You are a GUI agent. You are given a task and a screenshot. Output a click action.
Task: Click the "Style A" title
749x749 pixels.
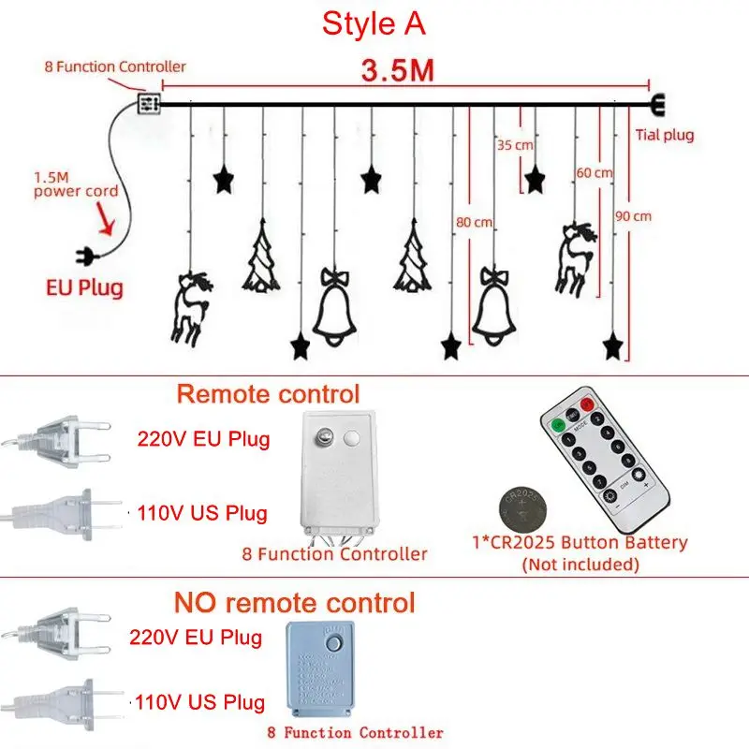[374, 24]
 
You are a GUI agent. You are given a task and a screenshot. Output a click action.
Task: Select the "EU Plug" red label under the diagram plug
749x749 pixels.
[84, 286]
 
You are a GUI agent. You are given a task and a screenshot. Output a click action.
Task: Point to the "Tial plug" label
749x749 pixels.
[665, 135]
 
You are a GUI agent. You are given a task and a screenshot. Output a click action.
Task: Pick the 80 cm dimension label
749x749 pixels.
[474, 222]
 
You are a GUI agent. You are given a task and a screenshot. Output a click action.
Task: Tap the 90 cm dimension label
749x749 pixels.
[633, 215]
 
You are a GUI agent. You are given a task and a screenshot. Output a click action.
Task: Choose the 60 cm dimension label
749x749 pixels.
[595, 172]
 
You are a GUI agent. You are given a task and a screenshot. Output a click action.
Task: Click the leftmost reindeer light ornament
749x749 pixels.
[192, 304]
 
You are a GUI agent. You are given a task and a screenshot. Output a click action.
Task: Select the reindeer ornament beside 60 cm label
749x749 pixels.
[573, 255]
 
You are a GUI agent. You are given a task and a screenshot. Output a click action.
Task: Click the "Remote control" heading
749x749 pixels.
[268, 393]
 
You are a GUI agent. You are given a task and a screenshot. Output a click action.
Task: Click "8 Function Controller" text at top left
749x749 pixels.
[115, 67]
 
